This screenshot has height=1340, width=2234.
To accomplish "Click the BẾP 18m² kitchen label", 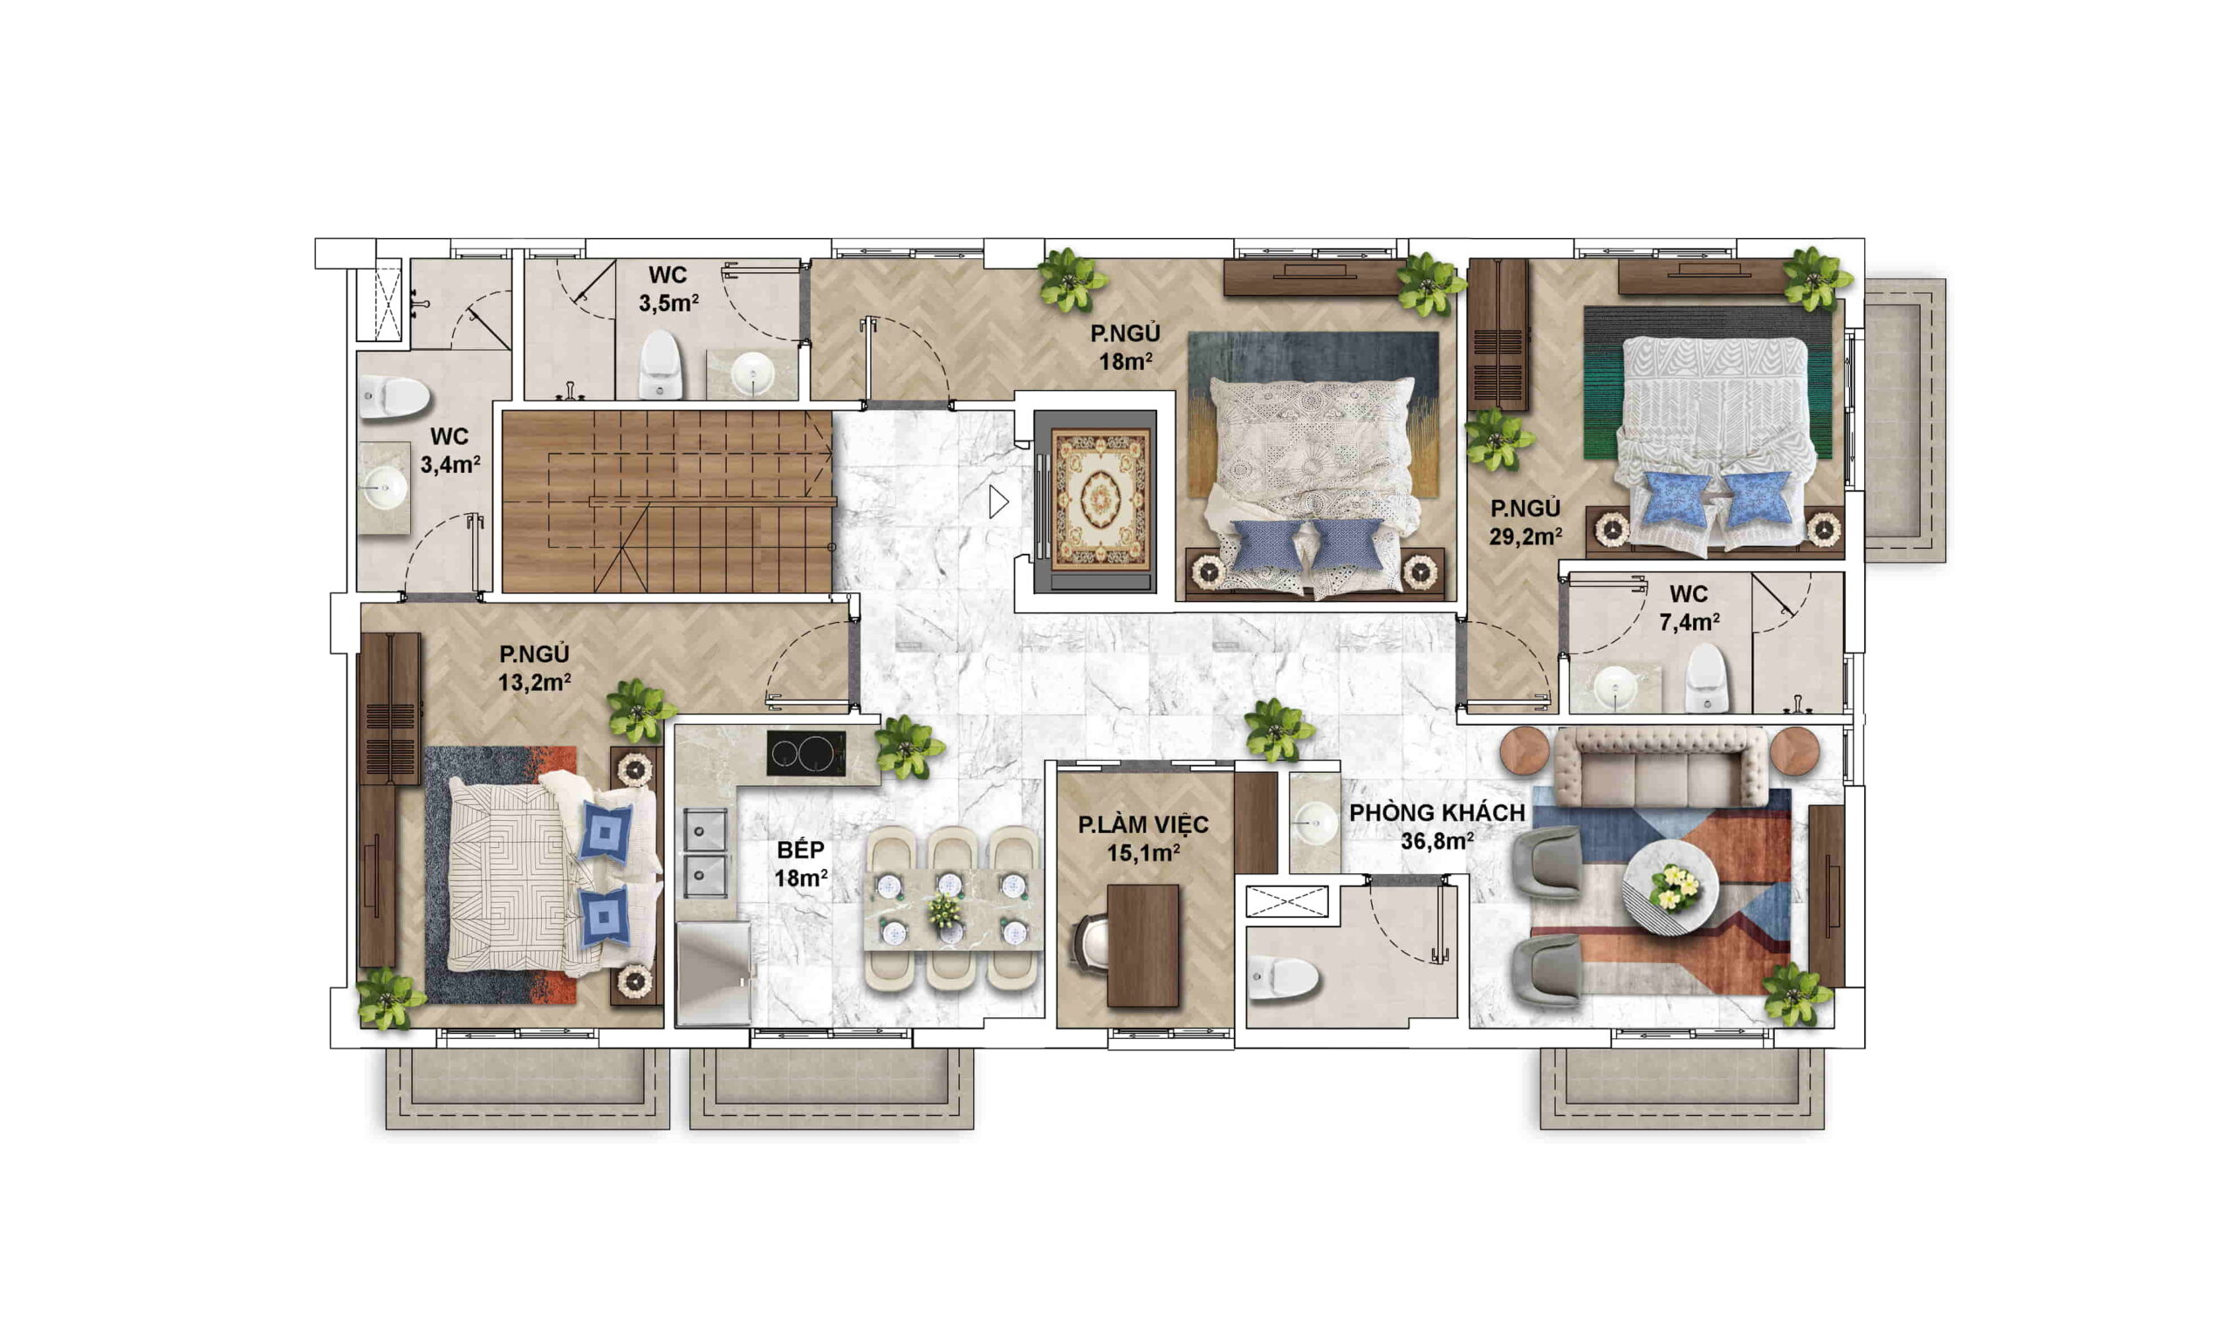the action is (x=801, y=863).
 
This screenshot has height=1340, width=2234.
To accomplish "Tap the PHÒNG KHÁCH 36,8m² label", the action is (x=1436, y=826).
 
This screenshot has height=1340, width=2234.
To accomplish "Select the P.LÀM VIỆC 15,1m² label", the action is (x=1143, y=838).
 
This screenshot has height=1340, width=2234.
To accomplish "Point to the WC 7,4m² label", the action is (x=1689, y=608).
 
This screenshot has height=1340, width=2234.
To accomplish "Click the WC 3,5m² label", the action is (x=668, y=289).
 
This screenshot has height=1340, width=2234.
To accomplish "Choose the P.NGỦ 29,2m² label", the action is (x=1525, y=522).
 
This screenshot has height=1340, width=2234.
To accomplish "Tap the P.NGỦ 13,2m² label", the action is (x=535, y=667).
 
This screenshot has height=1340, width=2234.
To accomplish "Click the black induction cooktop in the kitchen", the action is (x=806, y=753).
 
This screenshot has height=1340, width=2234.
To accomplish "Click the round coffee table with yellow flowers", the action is (x=1669, y=886).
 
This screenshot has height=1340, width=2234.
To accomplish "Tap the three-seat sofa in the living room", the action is (x=1660, y=768).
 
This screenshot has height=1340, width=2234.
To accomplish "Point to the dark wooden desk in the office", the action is (x=1142, y=945).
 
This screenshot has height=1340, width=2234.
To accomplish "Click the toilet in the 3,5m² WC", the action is (x=659, y=363).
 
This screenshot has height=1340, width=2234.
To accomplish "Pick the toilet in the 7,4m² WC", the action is (x=1706, y=677).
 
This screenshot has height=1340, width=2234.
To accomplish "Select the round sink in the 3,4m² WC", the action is (x=385, y=489).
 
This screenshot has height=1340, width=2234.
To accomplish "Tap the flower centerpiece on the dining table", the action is (x=944, y=910).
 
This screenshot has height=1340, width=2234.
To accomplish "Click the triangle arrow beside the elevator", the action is (x=997, y=502).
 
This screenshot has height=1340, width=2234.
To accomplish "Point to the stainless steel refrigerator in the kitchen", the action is (x=713, y=974).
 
